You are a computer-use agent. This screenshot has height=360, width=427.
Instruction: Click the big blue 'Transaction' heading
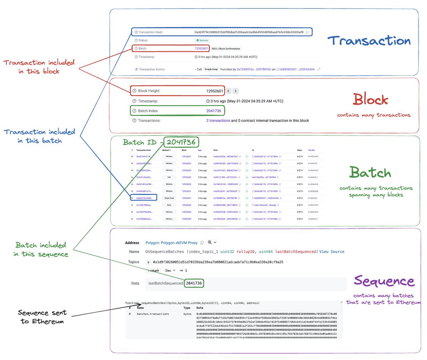pos(369,41)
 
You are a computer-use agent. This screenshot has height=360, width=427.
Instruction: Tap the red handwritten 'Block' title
pos(370,100)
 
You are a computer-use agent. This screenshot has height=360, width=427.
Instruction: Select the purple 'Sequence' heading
pos(384,281)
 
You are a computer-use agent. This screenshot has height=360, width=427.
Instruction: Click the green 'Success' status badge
pos(202,40)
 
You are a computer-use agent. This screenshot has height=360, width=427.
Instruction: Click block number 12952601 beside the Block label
pos(201,48)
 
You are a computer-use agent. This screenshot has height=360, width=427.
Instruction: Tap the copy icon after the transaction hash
pos(307,32)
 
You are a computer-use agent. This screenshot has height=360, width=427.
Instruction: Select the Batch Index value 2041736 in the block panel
pos(213,111)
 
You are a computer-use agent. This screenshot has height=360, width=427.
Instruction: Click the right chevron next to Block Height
pos(236,91)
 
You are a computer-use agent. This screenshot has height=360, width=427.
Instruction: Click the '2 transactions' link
pos(218,121)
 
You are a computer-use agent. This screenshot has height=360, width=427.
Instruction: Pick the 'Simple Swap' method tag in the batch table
pos(169,198)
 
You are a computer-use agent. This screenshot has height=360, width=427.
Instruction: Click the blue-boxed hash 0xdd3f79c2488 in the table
pos(144,198)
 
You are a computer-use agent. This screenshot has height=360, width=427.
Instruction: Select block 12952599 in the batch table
pos(186,219)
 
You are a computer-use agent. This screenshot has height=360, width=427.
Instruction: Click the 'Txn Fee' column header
pos(311,150)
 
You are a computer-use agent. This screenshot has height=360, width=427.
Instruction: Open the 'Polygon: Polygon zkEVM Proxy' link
pos(171,243)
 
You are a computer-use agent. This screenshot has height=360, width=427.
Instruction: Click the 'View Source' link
pos(332,252)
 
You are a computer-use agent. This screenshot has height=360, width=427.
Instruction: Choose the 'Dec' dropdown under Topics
pos(170,271)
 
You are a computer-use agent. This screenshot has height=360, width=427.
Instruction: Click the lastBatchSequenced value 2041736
pos(194,283)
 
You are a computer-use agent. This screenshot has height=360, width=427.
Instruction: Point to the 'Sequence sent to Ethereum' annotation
pos(42,317)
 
